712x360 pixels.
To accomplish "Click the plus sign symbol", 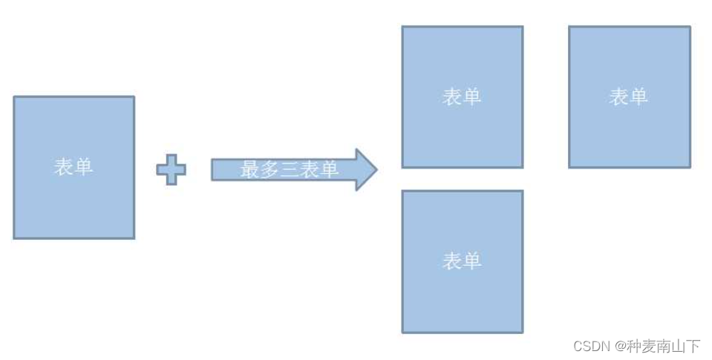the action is (171, 169).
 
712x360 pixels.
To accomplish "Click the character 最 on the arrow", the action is (249, 169).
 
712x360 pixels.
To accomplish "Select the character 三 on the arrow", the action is (290, 169).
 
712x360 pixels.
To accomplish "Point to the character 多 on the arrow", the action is (269, 169).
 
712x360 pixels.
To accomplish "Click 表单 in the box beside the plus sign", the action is (74, 167).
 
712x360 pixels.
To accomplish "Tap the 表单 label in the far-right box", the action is (629, 96).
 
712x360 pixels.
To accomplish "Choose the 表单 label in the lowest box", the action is (462, 261).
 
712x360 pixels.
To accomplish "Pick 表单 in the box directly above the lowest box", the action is (462, 96).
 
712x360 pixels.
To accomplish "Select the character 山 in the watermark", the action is (678, 346).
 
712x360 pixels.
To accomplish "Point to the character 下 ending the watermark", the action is (693, 346).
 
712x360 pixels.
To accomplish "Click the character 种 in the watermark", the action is (633, 346).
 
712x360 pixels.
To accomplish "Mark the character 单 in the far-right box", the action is (638, 96).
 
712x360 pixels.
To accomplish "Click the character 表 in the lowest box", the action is (452, 261).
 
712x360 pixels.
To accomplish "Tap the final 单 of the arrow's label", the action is (330, 169).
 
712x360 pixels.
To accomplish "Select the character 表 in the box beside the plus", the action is (64, 167).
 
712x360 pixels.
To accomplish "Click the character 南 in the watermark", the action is (663, 346).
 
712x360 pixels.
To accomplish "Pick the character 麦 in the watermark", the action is (648, 346).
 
